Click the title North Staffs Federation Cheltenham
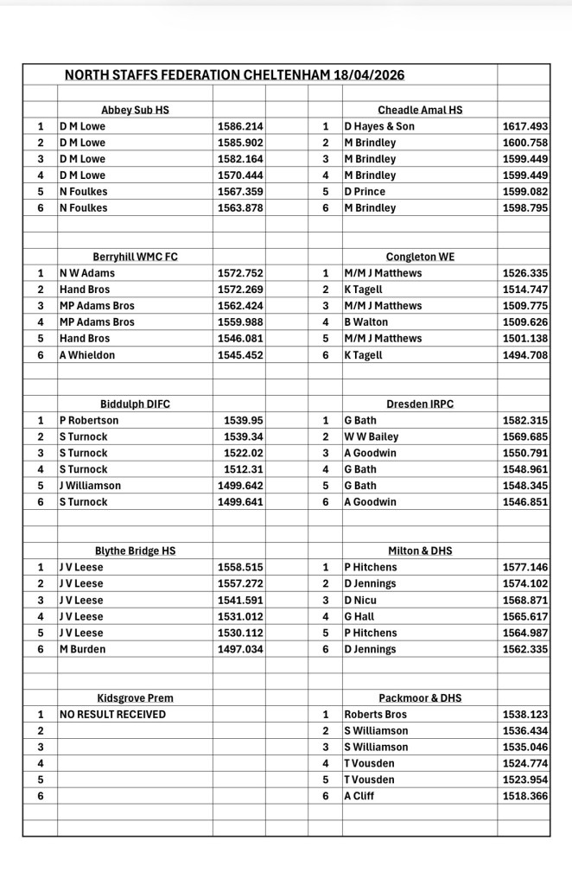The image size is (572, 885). [x=234, y=75]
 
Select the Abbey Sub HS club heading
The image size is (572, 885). [x=135, y=110]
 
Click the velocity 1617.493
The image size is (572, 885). [x=525, y=126]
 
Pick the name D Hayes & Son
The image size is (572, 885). [x=379, y=126]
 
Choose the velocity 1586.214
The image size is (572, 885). [x=240, y=126]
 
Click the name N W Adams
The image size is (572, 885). [x=86, y=273]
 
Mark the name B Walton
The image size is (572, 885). [x=367, y=322]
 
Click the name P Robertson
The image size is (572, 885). [x=89, y=420]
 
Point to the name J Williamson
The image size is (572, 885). [x=90, y=485]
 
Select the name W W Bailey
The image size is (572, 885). [x=372, y=436]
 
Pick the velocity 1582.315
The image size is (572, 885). [x=525, y=420]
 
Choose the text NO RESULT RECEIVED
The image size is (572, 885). [x=112, y=714]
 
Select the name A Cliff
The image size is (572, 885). [x=359, y=795]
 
